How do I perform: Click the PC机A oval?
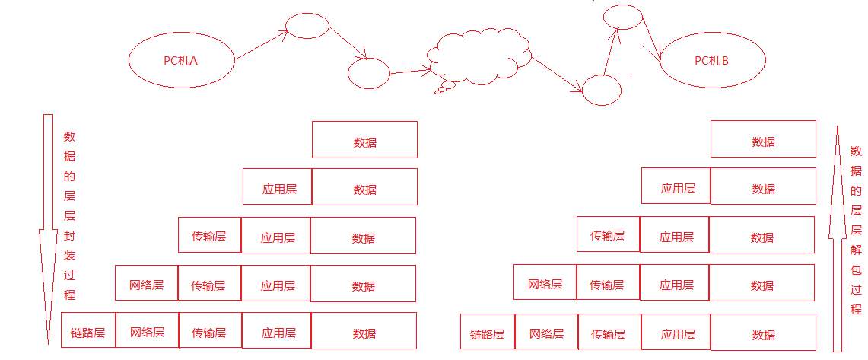(x=181, y=60)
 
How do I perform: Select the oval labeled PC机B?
(x=711, y=60)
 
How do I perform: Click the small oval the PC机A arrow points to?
(x=307, y=27)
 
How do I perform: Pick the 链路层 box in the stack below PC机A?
(x=88, y=333)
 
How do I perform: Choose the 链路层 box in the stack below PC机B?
(x=487, y=334)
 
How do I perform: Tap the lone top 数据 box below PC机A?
(x=364, y=140)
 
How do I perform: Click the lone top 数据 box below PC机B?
(x=763, y=141)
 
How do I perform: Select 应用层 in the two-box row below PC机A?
(x=278, y=188)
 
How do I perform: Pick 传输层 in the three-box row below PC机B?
(x=607, y=235)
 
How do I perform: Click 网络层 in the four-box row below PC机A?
(x=146, y=285)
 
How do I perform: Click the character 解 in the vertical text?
(x=856, y=250)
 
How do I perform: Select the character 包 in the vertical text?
(x=856, y=269)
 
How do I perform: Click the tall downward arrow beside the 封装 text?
(x=47, y=228)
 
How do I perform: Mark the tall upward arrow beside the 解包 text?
(x=838, y=236)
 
